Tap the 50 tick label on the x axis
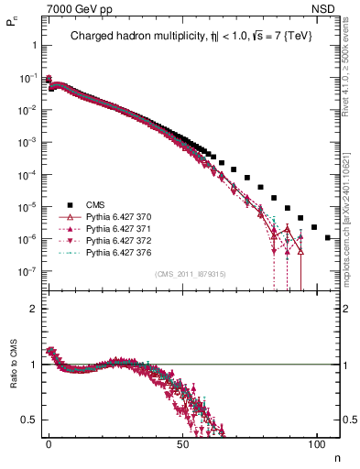(183, 443)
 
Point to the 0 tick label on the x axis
(49, 443)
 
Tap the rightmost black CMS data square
(329, 238)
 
